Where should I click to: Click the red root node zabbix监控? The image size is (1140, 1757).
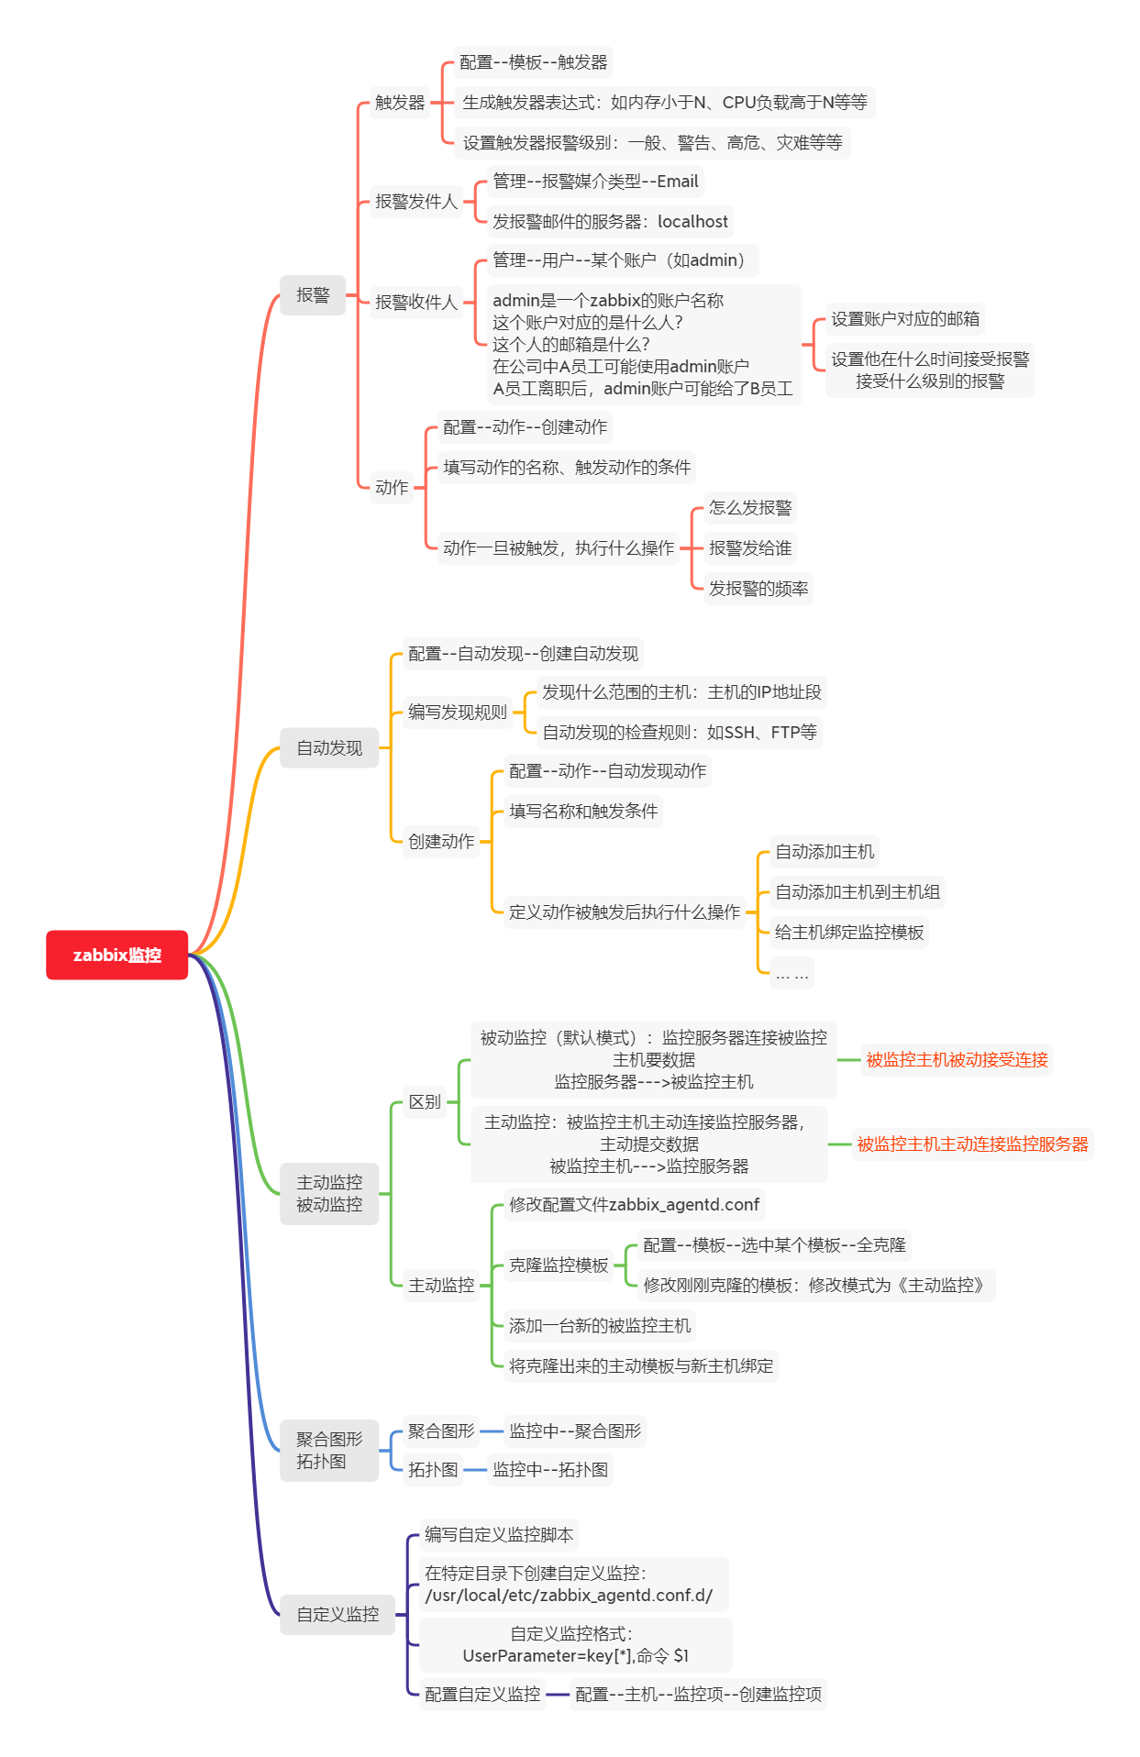click(x=116, y=955)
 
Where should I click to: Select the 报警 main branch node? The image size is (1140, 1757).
click(x=313, y=295)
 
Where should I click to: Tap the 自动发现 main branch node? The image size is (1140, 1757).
click(x=329, y=748)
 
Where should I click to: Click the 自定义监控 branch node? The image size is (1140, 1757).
click(x=338, y=1614)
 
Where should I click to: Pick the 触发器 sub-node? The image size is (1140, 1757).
click(x=400, y=103)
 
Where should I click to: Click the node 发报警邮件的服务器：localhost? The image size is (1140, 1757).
click(x=610, y=222)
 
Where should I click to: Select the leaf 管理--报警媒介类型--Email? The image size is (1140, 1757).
click(x=595, y=182)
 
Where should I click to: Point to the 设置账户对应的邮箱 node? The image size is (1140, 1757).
click(x=905, y=319)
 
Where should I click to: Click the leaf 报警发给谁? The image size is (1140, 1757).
click(x=750, y=548)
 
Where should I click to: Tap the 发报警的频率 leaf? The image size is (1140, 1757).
click(x=758, y=589)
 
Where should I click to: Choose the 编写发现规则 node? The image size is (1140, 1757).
click(x=457, y=713)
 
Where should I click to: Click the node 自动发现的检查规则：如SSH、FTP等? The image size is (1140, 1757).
click(x=679, y=733)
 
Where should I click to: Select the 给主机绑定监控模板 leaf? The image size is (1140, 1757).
click(x=849, y=933)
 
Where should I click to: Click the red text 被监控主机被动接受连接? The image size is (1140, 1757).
click(x=957, y=1060)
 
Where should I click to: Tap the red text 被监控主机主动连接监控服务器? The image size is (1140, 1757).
click(x=972, y=1144)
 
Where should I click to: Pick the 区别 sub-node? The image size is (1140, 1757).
click(x=425, y=1102)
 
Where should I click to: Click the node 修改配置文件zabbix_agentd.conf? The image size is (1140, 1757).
click(x=634, y=1205)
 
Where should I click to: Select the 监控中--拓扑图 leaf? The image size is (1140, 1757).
click(x=550, y=1470)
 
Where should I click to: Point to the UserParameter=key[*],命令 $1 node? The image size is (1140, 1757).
click(x=576, y=1655)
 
